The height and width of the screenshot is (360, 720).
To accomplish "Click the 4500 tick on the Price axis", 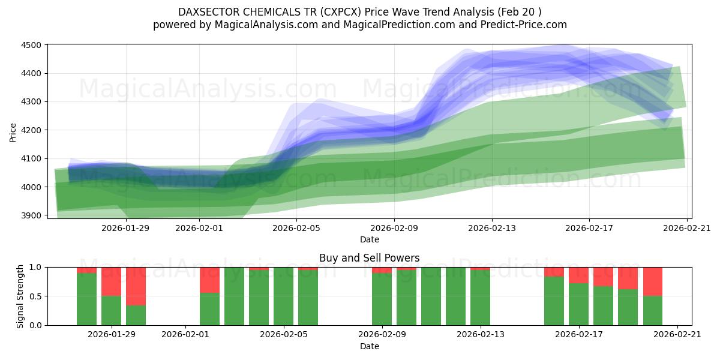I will coord(31,45).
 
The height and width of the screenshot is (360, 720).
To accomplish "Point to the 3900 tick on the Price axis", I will coord(31,215).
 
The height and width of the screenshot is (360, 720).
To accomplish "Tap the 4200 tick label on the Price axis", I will coord(31,130).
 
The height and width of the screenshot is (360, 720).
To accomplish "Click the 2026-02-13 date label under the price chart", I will coord(491,228).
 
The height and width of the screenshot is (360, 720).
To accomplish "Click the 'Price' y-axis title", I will coord(13,132).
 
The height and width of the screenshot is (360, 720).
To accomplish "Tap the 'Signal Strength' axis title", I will coord(20,296).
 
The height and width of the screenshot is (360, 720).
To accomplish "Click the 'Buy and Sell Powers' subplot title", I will coord(369,258).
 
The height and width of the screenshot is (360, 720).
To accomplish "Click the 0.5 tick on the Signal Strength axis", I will coord(35,296).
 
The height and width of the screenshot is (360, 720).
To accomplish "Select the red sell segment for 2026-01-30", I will coord(136,286).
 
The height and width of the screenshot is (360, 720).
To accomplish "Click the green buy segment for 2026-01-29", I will coord(111,310).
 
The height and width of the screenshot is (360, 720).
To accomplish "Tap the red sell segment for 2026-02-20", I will coord(653,281).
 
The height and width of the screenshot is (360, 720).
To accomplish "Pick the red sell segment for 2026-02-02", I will coord(209,280).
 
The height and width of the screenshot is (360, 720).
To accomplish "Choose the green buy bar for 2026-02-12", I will coord(455,296).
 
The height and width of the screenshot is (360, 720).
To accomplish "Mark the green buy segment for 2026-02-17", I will coord(579,304).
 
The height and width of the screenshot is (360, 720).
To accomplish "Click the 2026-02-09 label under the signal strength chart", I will coord(382,335).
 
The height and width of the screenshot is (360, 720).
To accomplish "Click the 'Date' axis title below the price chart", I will coord(369,239).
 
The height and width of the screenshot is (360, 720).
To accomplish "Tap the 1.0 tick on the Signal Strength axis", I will coord(35,268).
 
